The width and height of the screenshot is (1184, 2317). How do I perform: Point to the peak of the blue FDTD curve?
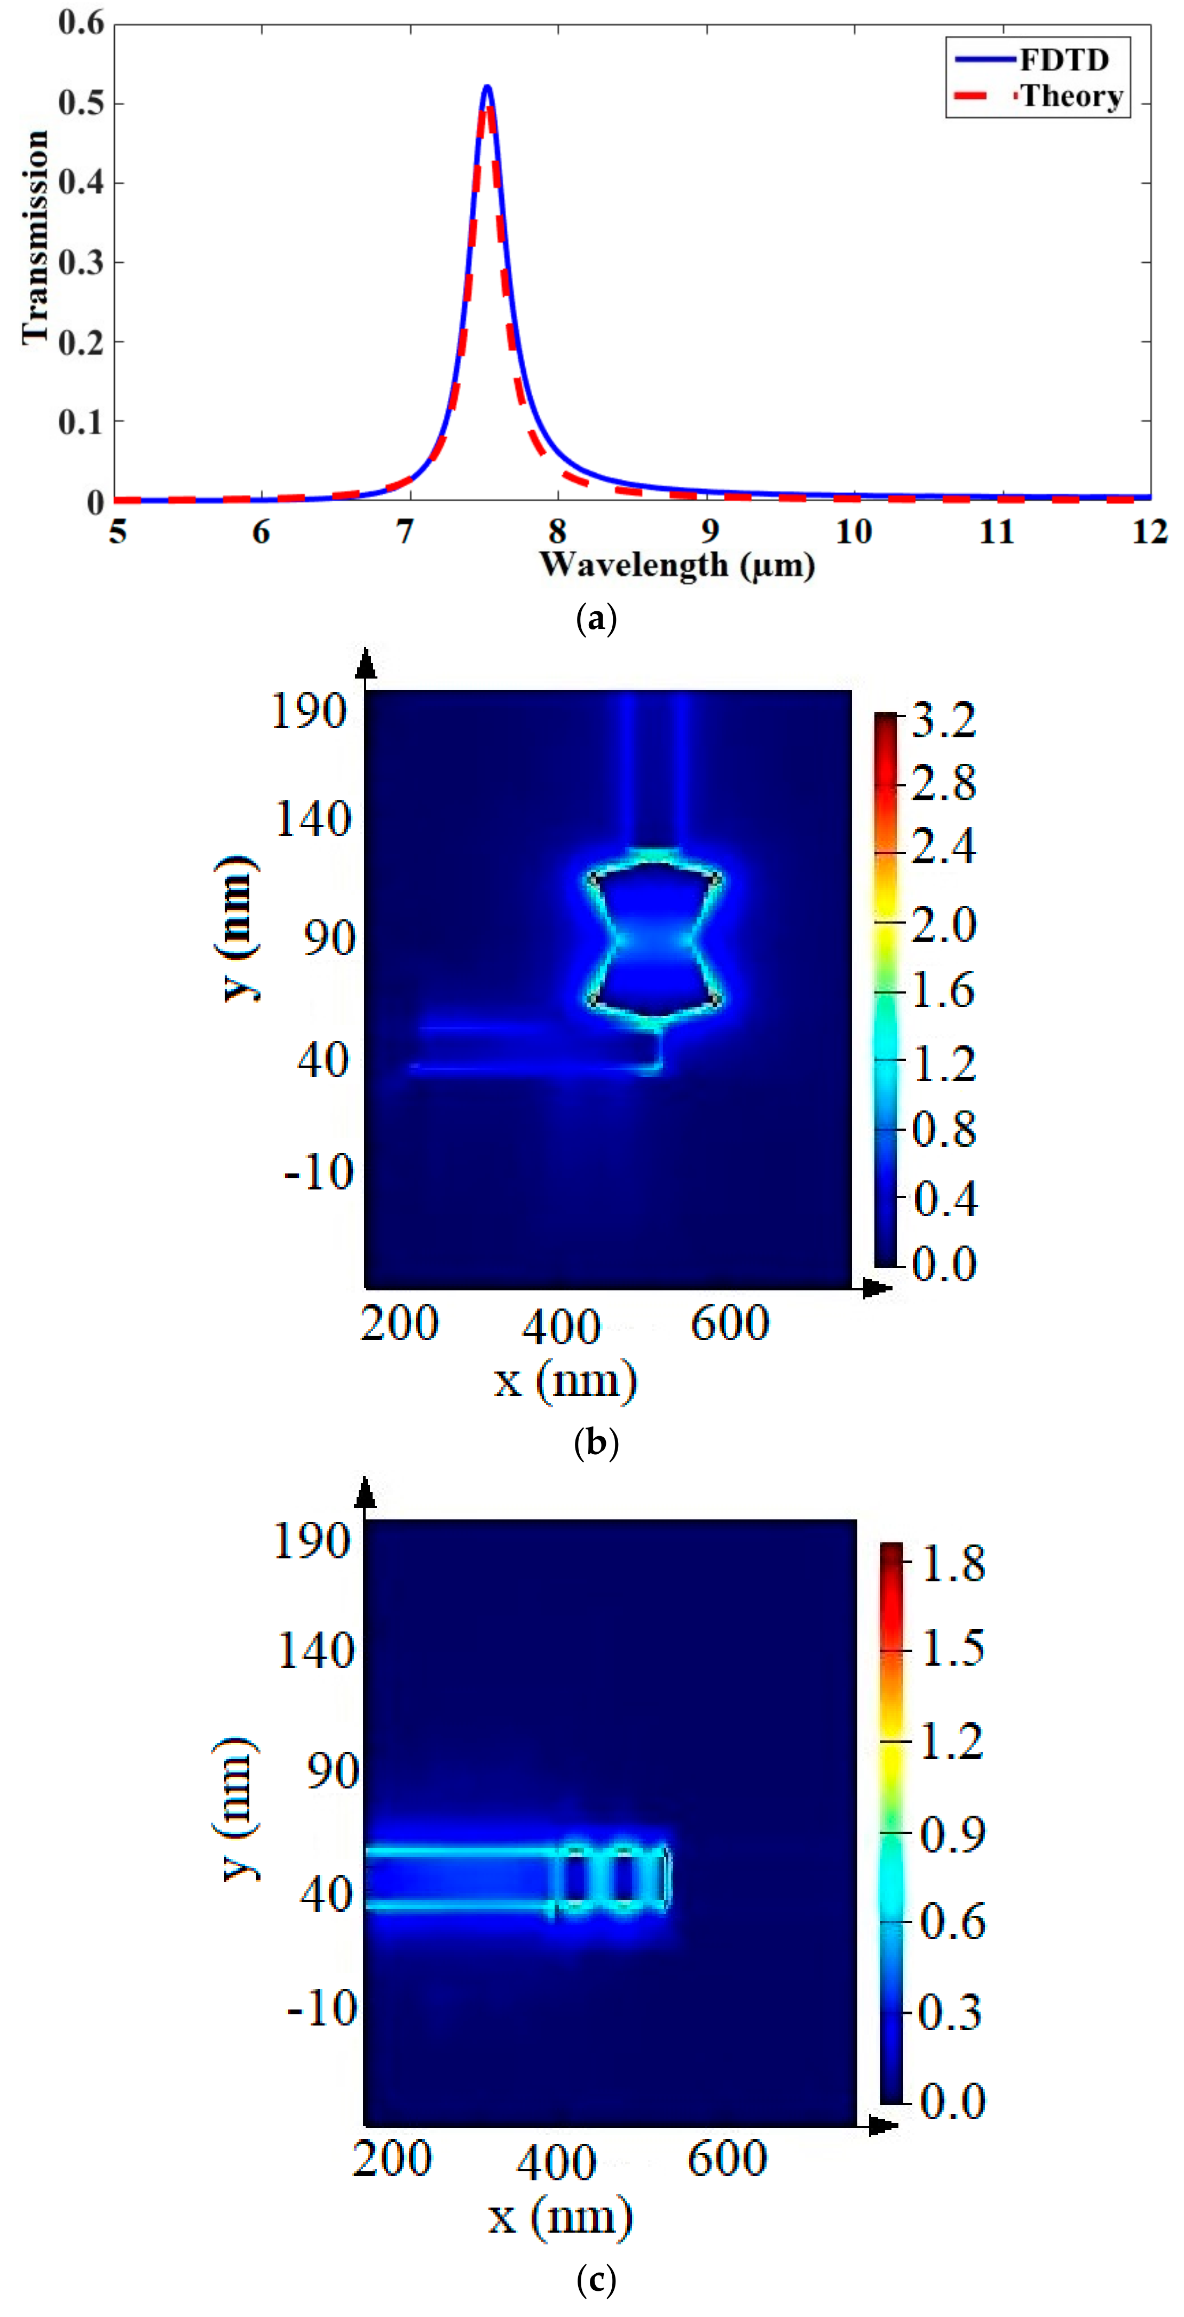coord(487,87)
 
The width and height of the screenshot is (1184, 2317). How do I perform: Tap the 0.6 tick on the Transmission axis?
coord(81,22)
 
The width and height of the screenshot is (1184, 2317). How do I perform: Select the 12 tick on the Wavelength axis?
coord(1149,532)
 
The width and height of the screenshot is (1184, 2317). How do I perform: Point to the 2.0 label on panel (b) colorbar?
coord(943,924)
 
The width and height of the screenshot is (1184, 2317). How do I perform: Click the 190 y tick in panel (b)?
coord(309,712)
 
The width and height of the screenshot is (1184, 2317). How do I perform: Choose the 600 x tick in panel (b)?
coord(730,1323)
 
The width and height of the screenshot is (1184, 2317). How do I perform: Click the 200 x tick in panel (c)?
coord(391,2158)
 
